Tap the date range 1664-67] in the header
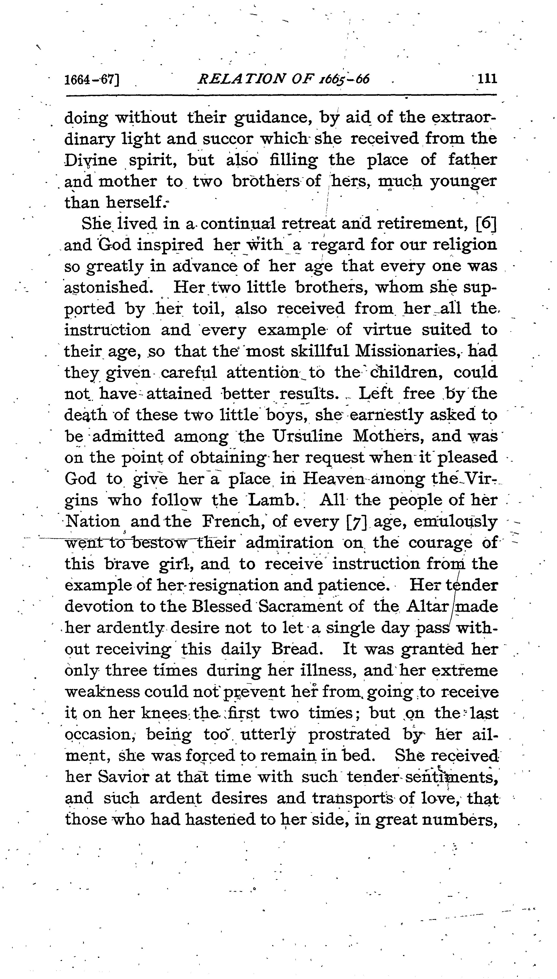pyautogui.click(x=92, y=80)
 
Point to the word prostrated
pyautogui.click(x=349, y=734)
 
